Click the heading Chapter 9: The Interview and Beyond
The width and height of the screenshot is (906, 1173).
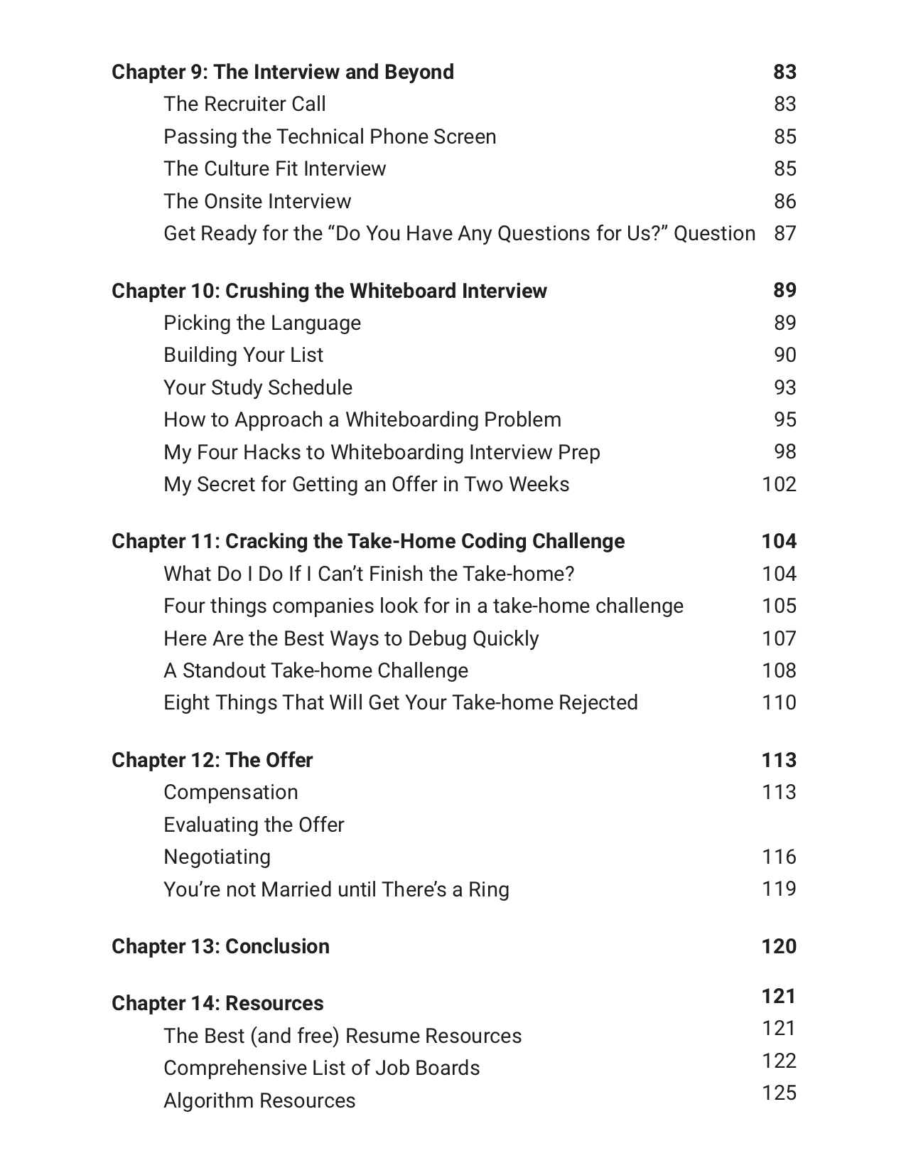pyautogui.click(x=283, y=72)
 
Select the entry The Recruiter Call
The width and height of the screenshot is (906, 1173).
pyautogui.click(x=244, y=104)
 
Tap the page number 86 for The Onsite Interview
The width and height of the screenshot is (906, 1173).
pyautogui.click(x=784, y=201)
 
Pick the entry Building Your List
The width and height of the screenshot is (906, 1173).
pyautogui.click(x=243, y=355)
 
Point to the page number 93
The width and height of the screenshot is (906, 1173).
pyautogui.click(x=784, y=387)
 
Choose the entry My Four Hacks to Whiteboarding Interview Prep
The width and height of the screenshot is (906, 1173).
pyautogui.click(x=382, y=452)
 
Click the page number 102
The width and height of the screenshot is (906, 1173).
pyautogui.click(x=779, y=484)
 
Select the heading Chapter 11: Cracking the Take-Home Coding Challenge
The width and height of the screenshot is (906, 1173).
pyautogui.click(x=368, y=541)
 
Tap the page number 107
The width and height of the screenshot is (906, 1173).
pyautogui.click(x=779, y=638)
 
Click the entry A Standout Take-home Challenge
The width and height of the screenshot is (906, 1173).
pyautogui.click(x=316, y=670)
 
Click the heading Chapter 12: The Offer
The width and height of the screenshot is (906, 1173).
pyautogui.click(x=212, y=760)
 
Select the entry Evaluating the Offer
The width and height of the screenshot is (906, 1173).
pyautogui.click(x=254, y=825)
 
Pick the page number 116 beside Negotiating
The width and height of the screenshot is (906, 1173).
pyautogui.click(x=779, y=857)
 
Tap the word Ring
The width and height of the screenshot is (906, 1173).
pyautogui.click(x=489, y=889)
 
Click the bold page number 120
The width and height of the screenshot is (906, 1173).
pyautogui.click(x=779, y=946)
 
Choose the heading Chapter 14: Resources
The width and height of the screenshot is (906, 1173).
pyautogui.click(x=217, y=1003)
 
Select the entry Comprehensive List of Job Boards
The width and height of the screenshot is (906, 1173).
pyautogui.click(x=321, y=1068)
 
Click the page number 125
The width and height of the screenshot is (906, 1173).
pyautogui.click(x=779, y=1093)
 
